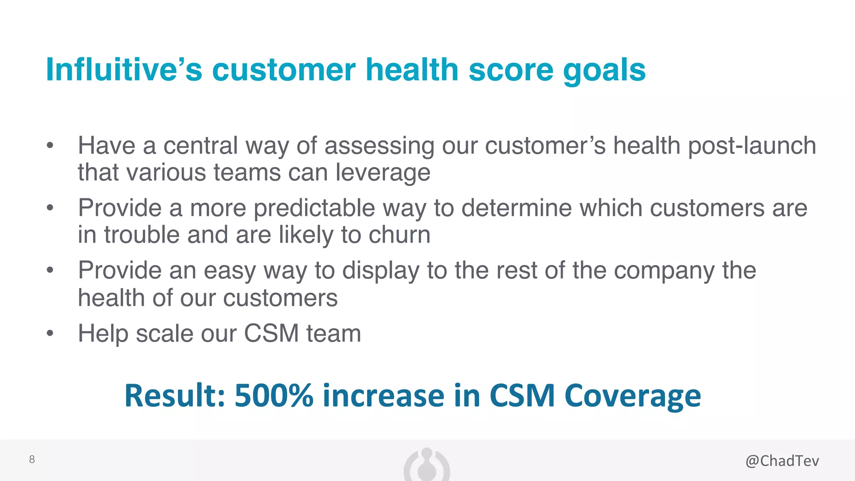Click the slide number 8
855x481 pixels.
pos(32,460)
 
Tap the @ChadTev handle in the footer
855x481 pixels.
pos(782,461)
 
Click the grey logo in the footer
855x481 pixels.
pos(427,466)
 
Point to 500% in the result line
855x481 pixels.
pos(273,395)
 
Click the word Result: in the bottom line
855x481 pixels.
pos(175,395)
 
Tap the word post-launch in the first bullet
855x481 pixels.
pos(751,146)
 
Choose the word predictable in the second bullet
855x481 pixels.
pos(314,208)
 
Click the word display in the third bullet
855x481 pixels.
pos(380,271)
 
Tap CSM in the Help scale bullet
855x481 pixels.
pos(271,333)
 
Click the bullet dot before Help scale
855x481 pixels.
pos(50,333)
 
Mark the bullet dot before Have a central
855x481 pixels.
pos(50,146)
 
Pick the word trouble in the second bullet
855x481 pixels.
pos(142,235)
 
